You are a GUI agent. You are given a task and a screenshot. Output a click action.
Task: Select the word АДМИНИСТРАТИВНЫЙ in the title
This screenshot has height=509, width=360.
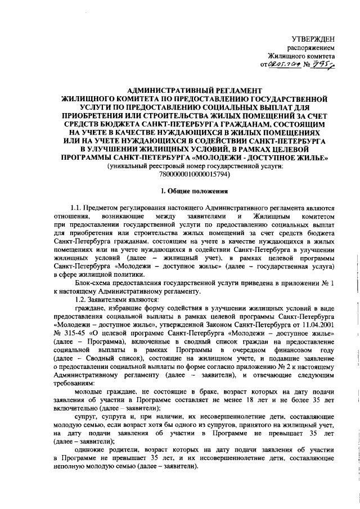click(x=168, y=90)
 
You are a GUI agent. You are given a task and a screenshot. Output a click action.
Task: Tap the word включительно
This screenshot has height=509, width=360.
click(x=75, y=407)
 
